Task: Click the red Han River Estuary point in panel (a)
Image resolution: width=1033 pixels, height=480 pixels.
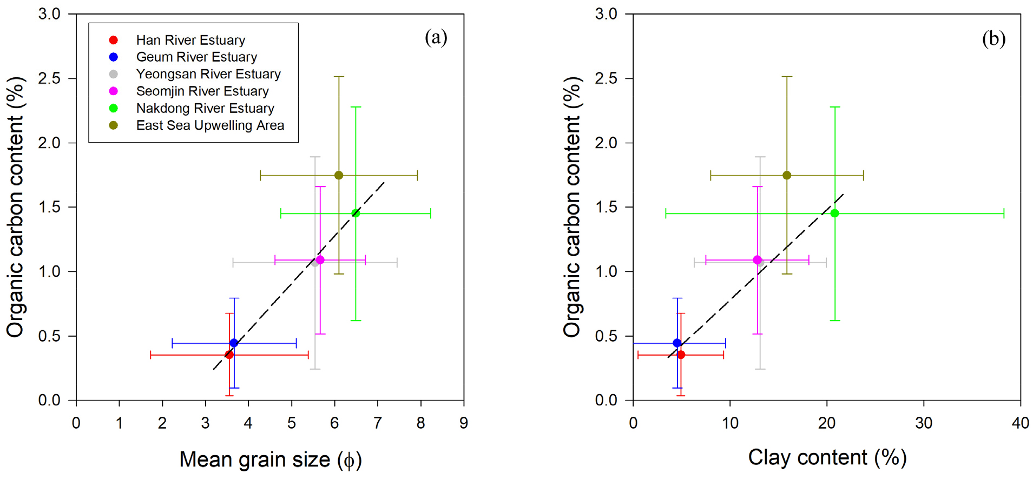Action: [x=229, y=355]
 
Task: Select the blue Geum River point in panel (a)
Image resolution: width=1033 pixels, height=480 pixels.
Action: [x=234, y=343]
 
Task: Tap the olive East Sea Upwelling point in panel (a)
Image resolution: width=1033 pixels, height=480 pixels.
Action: [x=339, y=175]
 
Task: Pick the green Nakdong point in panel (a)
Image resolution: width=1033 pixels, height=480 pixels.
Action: [x=356, y=214]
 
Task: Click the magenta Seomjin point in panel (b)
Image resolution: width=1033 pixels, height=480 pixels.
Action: [x=757, y=260]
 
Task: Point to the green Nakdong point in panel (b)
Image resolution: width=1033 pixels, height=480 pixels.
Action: [x=835, y=214]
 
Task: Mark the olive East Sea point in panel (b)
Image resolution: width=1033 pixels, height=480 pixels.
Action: [x=787, y=175]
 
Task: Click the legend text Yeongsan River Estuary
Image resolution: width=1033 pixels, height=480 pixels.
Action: [x=208, y=74]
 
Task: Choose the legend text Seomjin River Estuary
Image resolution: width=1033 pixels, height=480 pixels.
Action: [x=202, y=91]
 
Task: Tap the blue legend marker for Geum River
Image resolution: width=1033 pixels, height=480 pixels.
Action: [x=114, y=57]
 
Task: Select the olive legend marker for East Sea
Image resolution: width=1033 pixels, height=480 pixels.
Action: [x=114, y=125]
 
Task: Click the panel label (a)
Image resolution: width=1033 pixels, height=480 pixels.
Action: [x=436, y=38]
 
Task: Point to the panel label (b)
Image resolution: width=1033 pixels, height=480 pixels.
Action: [x=993, y=39]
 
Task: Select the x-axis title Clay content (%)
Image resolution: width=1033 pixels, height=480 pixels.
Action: [x=827, y=457]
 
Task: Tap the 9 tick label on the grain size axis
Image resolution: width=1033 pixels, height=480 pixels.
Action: [x=464, y=423]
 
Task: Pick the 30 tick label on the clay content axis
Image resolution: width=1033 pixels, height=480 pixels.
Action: [x=924, y=423]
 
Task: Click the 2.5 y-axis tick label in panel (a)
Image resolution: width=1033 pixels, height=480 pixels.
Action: [x=49, y=78]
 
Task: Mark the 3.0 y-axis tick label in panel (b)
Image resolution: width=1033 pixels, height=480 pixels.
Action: [x=606, y=14]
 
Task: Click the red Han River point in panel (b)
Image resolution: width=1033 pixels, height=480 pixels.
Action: [x=681, y=355]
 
